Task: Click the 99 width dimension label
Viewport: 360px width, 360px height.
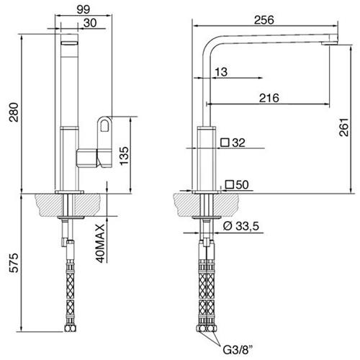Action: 84,9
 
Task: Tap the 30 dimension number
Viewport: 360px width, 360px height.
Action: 90,23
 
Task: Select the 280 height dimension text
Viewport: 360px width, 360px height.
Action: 14,112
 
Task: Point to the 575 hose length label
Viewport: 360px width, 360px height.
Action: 14,263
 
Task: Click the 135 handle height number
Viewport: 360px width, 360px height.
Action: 124,156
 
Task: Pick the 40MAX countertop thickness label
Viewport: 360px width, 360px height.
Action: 100,243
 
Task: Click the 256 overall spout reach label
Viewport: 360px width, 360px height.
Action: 264,20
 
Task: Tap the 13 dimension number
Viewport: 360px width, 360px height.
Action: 221,72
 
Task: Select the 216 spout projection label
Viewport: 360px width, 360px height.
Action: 269,98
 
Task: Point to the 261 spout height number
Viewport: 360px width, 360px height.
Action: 343,127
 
